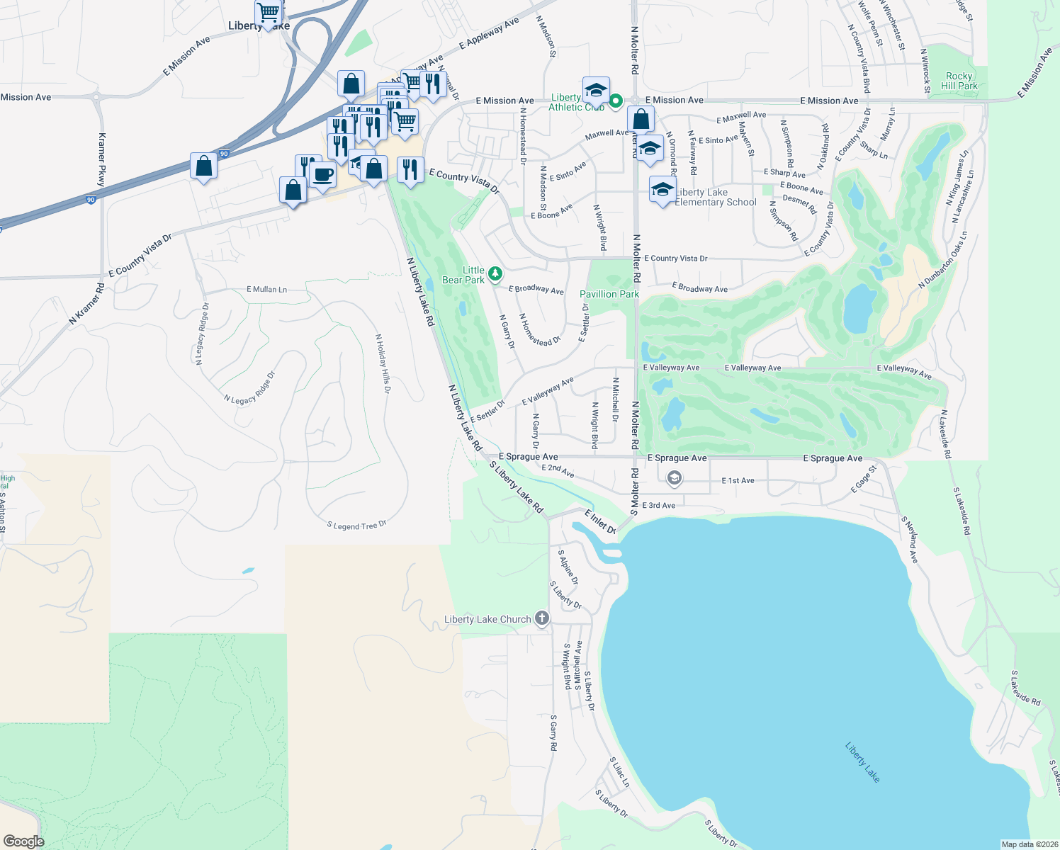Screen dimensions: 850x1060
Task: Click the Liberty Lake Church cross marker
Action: [542, 619]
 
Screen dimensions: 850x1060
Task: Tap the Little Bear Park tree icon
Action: [495, 273]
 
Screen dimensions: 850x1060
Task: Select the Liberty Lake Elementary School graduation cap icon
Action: [662, 190]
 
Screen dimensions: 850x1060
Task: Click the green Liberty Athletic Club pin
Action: [616, 101]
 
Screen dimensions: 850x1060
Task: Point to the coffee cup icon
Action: [323, 174]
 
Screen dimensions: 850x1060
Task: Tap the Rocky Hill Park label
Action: [959, 81]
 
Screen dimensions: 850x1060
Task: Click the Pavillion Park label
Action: [609, 294]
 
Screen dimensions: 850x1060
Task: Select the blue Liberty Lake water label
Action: [862, 761]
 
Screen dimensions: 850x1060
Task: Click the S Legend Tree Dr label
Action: [356, 526]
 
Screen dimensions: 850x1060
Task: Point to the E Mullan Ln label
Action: [266, 289]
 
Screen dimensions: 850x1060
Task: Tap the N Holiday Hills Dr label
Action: [383, 363]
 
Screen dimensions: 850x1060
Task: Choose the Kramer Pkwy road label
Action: [102, 160]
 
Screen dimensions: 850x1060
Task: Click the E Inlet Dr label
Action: [600, 521]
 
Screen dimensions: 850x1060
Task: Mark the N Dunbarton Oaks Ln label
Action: [942, 259]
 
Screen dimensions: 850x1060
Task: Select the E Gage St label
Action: [864, 480]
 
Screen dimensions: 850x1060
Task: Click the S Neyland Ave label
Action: [910, 540]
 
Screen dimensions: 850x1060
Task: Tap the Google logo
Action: [23, 841]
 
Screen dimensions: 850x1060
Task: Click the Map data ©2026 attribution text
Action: [1029, 844]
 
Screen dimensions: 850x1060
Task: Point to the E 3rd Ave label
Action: [658, 505]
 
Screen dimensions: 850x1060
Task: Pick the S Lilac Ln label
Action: [619, 772]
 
